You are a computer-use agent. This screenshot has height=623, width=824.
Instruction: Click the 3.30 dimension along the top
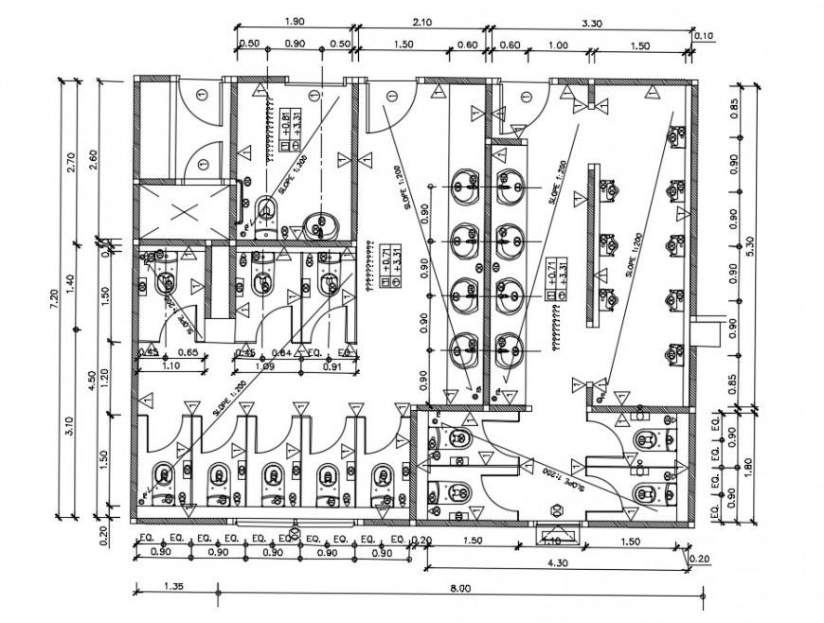coord(592,22)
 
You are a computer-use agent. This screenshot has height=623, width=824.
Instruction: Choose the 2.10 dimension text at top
coord(422,22)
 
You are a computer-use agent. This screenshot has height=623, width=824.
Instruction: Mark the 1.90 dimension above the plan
coord(294,22)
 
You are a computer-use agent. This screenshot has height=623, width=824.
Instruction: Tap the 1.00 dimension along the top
coord(557,44)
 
